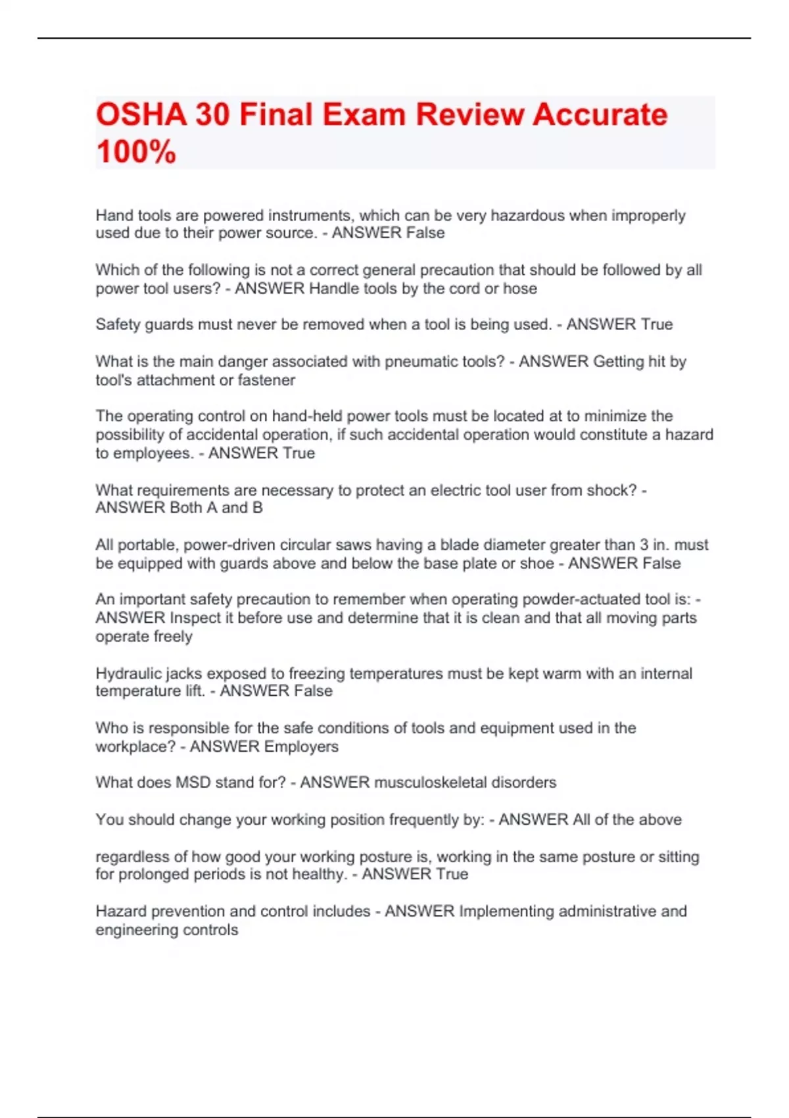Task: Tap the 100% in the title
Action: (x=136, y=151)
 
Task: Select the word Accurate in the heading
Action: (x=600, y=114)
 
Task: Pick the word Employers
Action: (x=301, y=746)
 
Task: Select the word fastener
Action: (x=266, y=380)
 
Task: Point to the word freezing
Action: (x=318, y=673)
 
